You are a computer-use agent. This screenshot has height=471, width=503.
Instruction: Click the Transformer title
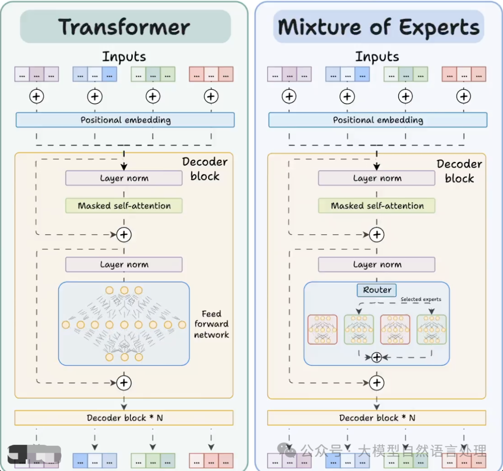pos(124,27)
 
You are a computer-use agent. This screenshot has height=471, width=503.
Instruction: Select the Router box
pos(377,290)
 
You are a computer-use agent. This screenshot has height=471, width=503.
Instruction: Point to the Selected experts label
pos(421,299)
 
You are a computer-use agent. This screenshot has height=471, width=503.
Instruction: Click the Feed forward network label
pos(211,324)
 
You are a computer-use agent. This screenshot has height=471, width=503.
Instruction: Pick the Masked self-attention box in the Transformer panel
pos(124,206)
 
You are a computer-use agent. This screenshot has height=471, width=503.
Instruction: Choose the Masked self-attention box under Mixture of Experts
pos(377,206)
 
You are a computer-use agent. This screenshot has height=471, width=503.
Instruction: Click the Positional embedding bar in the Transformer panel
pos(125,120)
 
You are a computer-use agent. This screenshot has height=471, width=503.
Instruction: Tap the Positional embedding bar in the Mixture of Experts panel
pos(378,120)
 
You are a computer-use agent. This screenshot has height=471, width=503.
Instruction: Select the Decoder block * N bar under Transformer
pos(124,418)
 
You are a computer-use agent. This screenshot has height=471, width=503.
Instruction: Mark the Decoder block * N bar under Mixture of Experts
pos(376,418)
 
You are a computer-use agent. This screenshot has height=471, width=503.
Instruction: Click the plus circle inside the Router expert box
pos(376,357)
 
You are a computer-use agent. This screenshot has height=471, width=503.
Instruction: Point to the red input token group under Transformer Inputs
pos(211,74)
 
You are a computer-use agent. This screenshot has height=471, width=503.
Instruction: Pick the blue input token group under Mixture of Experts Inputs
pos(347,74)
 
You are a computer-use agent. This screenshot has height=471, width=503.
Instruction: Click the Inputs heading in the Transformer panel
pos(124,57)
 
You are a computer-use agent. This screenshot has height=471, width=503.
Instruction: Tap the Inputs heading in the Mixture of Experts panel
pos(377,57)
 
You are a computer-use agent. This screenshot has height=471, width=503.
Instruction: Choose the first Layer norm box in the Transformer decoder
pos(124,178)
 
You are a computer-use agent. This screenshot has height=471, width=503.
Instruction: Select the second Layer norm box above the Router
pos(377,265)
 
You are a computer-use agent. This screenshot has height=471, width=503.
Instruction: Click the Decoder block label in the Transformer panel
pos(204,169)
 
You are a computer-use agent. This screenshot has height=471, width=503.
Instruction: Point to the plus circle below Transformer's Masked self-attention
pos(124,235)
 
